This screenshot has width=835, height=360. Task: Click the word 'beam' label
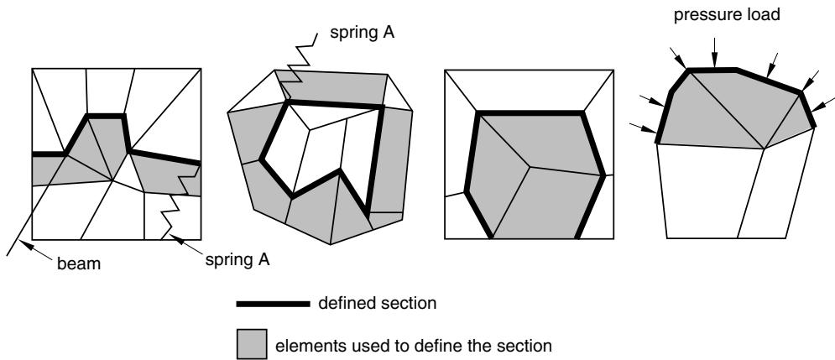point(79,263)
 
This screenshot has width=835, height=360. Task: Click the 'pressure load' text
point(727,14)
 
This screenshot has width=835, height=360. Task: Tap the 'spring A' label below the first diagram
point(237,260)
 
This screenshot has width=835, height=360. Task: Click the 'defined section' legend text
point(377,304)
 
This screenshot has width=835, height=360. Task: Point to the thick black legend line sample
point(273,304)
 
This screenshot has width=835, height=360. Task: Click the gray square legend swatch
point(252,343)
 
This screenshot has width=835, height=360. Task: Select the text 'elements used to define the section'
point(413,346)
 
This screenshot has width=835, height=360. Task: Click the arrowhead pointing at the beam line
point(24,246)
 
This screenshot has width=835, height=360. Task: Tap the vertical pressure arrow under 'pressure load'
point(714,52)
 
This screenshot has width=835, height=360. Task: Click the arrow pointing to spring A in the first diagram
point(186,245)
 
